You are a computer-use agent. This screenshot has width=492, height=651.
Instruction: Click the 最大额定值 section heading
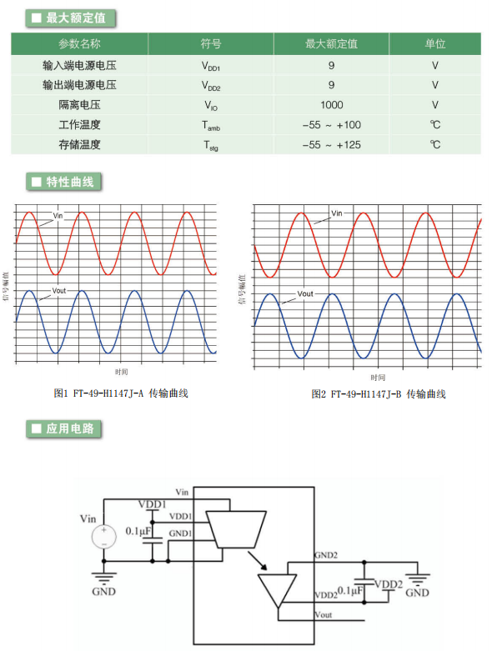76,18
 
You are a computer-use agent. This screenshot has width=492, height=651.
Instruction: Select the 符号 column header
211,43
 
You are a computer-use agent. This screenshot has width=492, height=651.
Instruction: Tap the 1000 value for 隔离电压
331,105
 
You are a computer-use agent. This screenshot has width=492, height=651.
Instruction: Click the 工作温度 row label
79,124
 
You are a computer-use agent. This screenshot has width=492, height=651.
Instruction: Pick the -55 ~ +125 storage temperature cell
331,145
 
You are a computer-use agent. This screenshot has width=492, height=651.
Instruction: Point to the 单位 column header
434,43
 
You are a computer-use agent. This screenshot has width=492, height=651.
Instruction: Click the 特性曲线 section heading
70,182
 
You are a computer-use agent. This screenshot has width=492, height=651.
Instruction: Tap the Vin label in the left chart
58,216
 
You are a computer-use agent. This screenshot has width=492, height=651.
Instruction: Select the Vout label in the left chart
59,291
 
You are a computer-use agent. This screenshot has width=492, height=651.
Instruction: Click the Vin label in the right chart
337,213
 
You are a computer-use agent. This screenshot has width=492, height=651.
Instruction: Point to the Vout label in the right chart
305,293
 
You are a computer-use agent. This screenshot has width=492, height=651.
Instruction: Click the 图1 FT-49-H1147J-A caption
121,393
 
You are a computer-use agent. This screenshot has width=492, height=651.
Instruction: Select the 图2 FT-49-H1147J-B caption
379,394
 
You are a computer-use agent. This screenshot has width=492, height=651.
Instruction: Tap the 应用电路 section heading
70,428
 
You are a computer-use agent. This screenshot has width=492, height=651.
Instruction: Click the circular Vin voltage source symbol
103,537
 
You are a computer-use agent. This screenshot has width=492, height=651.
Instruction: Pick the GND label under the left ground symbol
103,591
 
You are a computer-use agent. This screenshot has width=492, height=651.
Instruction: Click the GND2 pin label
326,555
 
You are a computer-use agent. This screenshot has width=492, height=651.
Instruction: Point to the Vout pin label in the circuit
324,615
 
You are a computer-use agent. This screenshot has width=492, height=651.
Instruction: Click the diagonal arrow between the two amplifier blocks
258,560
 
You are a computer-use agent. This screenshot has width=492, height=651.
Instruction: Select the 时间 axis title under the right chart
378,378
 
